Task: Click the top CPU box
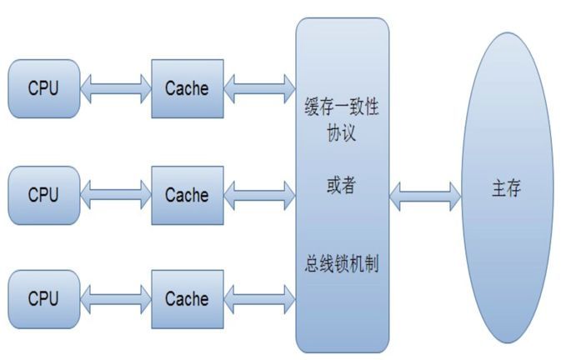click(43, 88)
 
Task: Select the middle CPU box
click(43, 195)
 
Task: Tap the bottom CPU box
click(43, 298)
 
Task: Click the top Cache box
click(187, 88)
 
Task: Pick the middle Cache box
click(187, 195)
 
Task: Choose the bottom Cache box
click(187, 298)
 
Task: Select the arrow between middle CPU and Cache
click(116, 195)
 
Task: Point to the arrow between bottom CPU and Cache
click(116, 297)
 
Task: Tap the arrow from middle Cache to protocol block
click(260, 195)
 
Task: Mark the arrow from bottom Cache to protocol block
click(260, 297)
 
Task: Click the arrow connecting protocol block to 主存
click(425, 196)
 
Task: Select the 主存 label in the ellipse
click(506, 189)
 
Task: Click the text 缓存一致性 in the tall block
click(343, 111)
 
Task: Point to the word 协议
click(343, 134)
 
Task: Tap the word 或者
click(342, 186)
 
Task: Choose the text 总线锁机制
click(343, 266)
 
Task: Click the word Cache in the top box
click(187, 88)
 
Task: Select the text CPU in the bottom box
click(43, 298)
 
